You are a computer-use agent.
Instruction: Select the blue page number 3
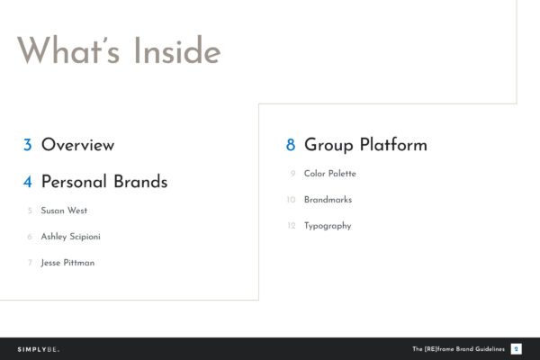[28, 145]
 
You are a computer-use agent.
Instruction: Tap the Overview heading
[77, 145]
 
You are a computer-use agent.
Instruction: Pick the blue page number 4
[28, 182]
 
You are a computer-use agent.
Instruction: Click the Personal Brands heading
[104, 182]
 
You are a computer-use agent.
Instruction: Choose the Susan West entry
[64, 211]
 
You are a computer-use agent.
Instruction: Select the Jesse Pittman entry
[67, 263]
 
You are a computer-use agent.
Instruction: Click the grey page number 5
[30, 211]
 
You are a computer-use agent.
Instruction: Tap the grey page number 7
[30, 263]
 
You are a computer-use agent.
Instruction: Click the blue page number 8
[291, 145]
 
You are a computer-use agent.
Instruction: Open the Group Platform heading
[365, 145]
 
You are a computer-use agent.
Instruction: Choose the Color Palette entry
[330, 174]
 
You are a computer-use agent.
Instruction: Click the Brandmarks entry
[328, 200]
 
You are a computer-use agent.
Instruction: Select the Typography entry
[328, 226]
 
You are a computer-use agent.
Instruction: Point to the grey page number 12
[291, 226]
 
